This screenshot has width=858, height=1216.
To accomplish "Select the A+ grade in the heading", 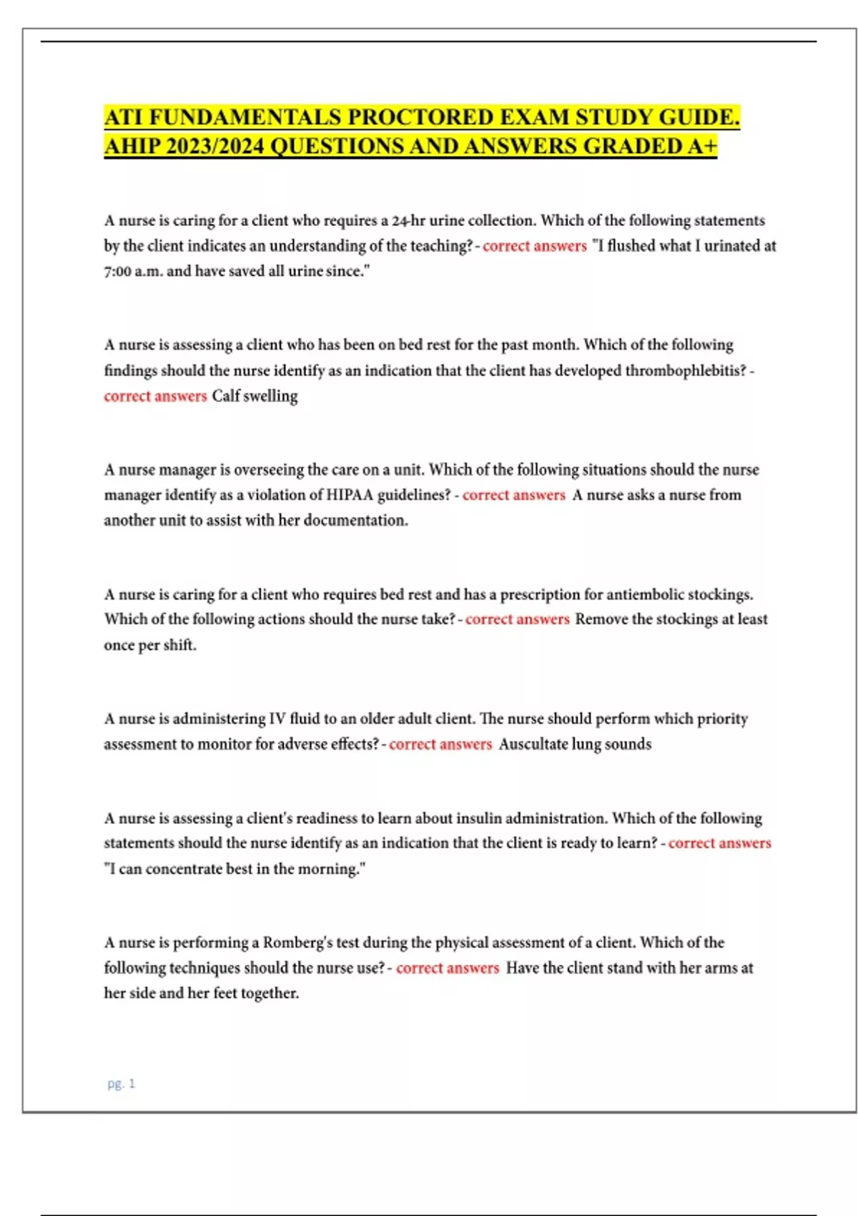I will [x=702, y=147].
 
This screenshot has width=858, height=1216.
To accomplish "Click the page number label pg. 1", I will [x=121, y=1084].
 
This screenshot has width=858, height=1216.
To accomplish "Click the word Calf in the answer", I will [x=225, y=396].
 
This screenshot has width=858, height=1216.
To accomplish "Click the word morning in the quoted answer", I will [x=328, y=869].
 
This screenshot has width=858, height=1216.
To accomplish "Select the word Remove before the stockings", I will [x=601, y=619].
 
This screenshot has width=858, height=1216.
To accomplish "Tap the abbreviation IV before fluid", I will [x=277, y=719].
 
